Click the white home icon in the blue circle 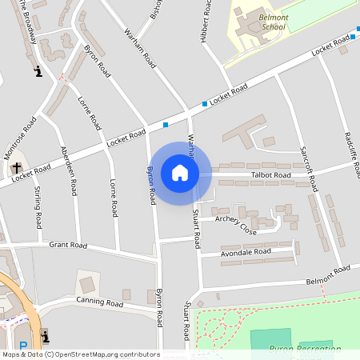pos(179,173)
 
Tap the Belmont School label pos(262,21)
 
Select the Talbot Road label pos(270,174)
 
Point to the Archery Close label pos(236,226)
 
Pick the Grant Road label pos(67,245)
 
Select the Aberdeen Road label pos(69,171)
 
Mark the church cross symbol pos(16,168)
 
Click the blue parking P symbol pos(23,346)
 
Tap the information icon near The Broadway pos(38,72)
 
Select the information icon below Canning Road pos(44,334)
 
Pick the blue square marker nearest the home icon pos(166,124)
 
